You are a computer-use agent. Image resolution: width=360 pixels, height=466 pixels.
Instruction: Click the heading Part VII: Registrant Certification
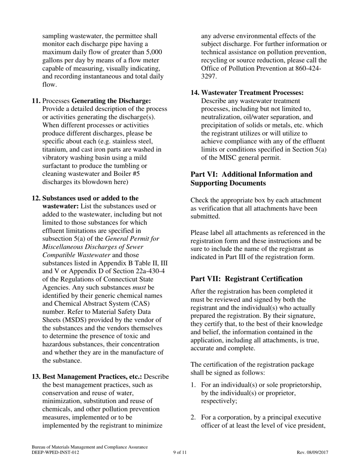pos(246,279)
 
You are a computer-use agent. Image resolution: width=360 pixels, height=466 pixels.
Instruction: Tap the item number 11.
pos(36,101)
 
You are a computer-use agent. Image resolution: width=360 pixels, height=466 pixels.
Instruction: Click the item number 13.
pos(36,377)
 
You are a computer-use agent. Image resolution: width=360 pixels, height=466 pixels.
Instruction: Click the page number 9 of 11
pos(180,452)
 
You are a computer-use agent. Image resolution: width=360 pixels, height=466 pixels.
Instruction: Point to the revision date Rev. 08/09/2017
pos(312,452)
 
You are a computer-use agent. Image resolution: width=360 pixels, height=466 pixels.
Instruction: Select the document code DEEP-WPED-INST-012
pos(56,452)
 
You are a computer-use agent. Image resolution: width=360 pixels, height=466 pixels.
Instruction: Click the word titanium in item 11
pos(55,150)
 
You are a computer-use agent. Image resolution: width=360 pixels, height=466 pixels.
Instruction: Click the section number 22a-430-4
pos(150,271)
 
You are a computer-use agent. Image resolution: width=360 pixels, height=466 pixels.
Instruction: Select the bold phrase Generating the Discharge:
pos(111,101)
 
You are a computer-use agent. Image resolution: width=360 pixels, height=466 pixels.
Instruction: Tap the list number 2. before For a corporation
pos(193,418)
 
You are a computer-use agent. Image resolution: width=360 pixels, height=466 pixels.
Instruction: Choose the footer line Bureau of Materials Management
pos(89,447)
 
